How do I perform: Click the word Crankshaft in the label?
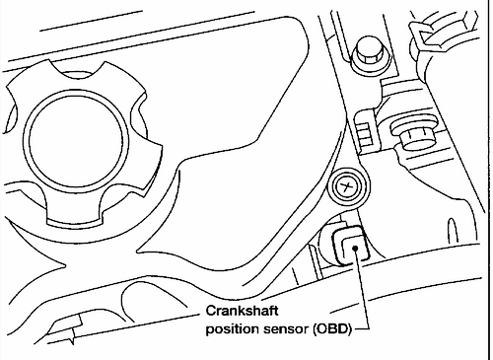tap(242, 311)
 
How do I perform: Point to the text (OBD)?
tap(332, 329)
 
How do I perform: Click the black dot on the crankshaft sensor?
tap(355, 248)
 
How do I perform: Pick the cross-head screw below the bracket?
tap(346, 187)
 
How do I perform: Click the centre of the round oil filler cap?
tap(77, 141)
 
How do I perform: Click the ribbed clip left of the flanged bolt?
tap(364, 131)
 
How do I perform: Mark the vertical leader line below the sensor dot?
tap(361, 290)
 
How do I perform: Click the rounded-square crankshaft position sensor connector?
tap(350, 245)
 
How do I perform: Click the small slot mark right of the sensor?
tap(453, 232)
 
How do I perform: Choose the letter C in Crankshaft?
tap(210, 311)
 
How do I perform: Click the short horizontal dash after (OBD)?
tap(360, 328)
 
